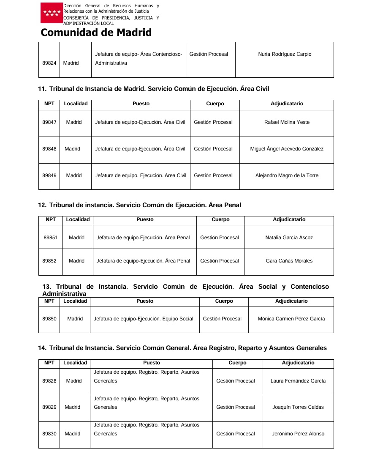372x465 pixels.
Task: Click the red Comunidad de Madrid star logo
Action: click(52, 13)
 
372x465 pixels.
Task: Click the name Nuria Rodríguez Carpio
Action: click(284, 54)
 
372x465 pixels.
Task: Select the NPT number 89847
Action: click(49, 122)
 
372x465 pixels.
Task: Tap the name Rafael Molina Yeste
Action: click(287, 122)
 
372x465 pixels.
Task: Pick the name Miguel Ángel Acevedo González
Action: click(287, 149)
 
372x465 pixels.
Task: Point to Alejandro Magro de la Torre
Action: click(287, 175)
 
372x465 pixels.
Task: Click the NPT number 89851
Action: click(51, 238)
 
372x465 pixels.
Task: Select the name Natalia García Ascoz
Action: click(289, 238)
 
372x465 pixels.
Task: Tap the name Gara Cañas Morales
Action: click(289, 261)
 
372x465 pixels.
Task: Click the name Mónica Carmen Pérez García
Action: click(291, 319)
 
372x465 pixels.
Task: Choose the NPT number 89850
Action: click(49, 319)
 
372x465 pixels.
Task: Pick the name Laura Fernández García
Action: click(298, 381)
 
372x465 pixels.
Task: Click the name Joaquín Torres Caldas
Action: click(298, 407)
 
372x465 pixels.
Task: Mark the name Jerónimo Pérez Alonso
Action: click(298, 434)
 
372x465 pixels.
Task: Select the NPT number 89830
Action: click(49, 434)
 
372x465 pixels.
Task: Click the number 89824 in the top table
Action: click(49, 63)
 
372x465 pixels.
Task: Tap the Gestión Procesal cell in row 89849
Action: click(213, 175)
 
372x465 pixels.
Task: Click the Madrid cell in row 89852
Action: click(76, 261)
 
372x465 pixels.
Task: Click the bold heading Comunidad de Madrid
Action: click(96, 33)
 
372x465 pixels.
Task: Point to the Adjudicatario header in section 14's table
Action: click(298, 363)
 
